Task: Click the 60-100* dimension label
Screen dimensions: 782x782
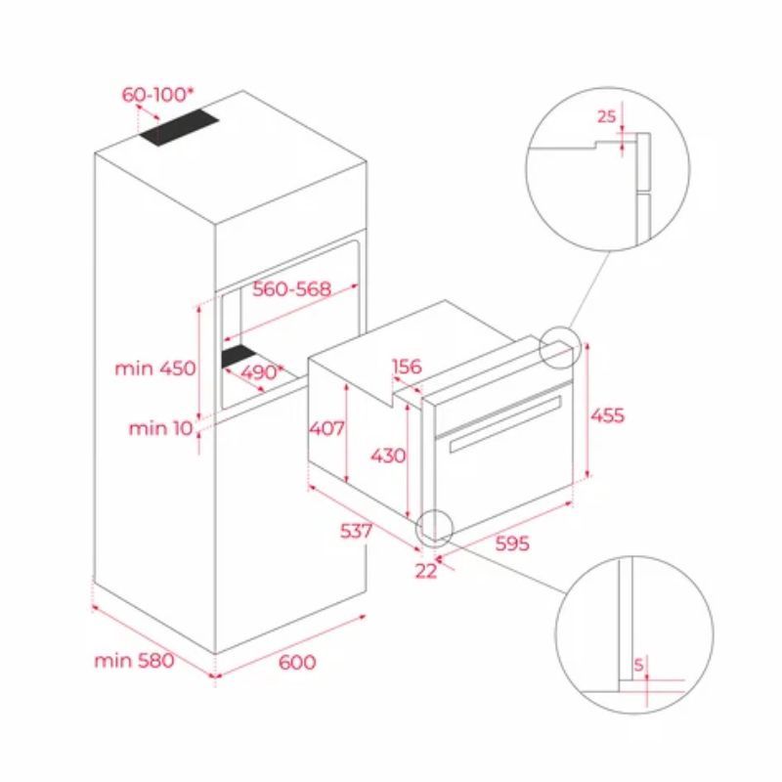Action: click(157, 95)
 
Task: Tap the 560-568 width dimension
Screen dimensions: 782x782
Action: click(291, 289)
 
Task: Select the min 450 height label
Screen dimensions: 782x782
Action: click(154, 369)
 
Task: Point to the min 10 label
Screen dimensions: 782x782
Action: click(161, 427)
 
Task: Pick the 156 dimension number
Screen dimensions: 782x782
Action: click(406, 368)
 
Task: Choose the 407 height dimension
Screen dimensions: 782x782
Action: click(326, 427)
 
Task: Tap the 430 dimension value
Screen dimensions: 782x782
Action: click(389, 456)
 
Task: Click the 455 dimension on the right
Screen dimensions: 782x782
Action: click(606, 414)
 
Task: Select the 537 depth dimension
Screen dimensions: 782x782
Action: click(357, 531)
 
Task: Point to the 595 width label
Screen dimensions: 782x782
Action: click(510, 543)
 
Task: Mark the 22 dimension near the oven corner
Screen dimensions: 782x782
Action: click(426, 572)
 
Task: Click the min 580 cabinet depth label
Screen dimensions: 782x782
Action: click(134, 661)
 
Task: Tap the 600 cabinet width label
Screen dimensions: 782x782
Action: click(297, 663)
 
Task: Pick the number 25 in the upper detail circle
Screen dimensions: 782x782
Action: click(606, 116)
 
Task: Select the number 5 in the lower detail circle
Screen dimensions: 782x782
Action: click(637, 666)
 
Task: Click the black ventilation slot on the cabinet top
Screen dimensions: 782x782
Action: click(179, 129)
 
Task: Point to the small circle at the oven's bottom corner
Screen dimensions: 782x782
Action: click(434, 527)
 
